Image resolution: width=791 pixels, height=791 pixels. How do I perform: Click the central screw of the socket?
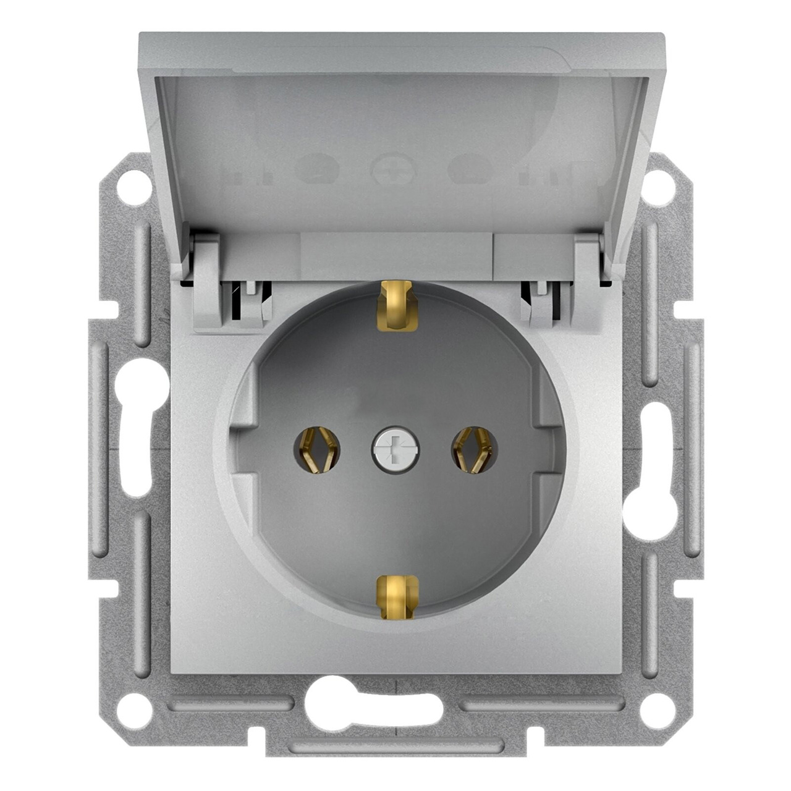tap(395, 446)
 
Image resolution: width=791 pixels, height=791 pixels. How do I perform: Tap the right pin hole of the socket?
tap(475, 449)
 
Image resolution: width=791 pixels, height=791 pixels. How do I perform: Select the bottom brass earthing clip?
tap(395, 594)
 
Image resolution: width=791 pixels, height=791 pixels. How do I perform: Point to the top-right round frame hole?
tap(657, 183)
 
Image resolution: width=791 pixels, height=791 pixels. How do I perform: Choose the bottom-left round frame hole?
tap(134, 703)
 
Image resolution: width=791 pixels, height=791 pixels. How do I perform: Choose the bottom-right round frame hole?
tap(657, 703)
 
